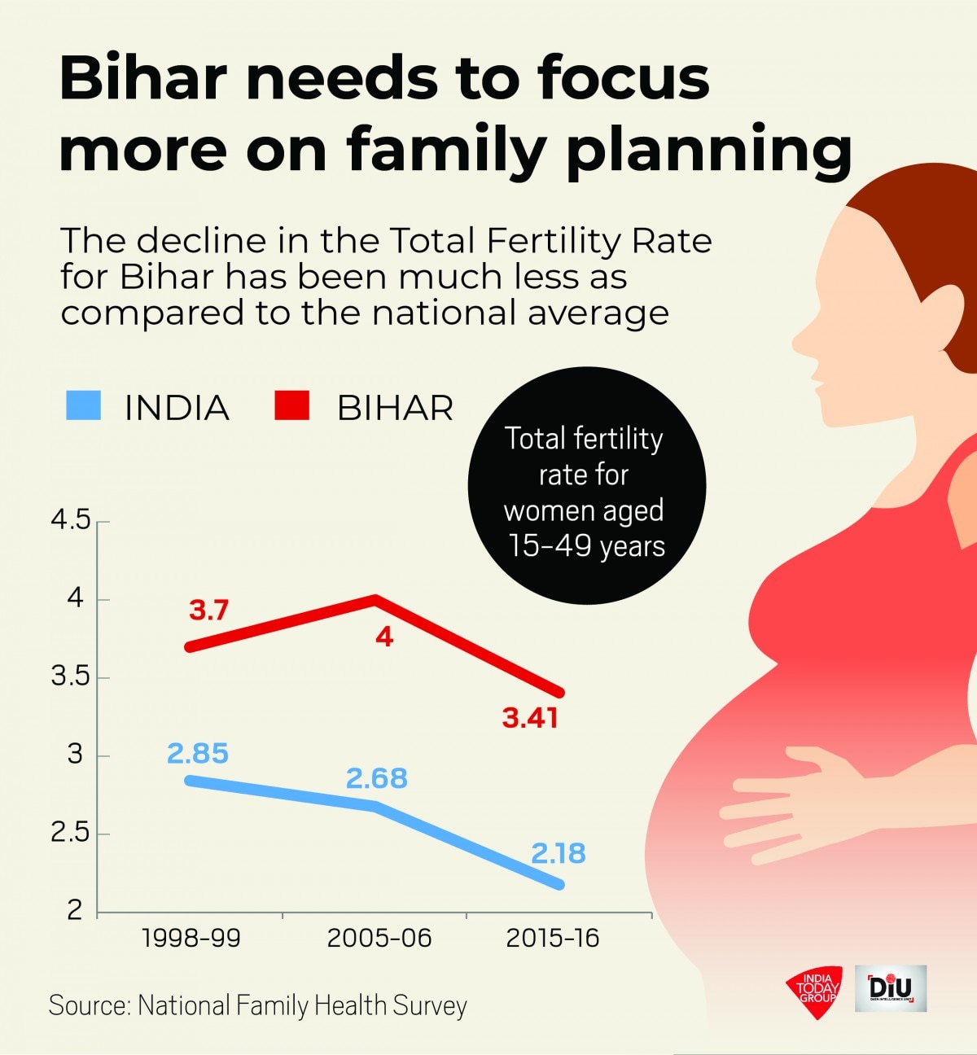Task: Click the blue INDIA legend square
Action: click(83, 405)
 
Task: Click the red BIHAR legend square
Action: click(291, 405)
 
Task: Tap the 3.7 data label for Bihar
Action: click(208, 610)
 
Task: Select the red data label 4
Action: click(384, 637)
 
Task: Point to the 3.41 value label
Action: click(530, 718)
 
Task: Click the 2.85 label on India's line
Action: click(198, 754)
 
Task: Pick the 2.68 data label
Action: click(376, 779)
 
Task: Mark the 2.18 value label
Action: click(559, 853)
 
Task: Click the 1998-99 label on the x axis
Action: click(191, 939)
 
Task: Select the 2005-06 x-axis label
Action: click(379, 939)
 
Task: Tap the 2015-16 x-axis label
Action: click(553, 939)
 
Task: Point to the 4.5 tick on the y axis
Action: click(71, 519)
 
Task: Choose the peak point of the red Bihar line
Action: click(375, 600)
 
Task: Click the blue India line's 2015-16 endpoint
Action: click(559, 885)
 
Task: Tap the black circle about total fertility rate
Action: click(586, 486)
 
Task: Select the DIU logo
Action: click(891, 988)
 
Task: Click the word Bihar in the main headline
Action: click(142, 78)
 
